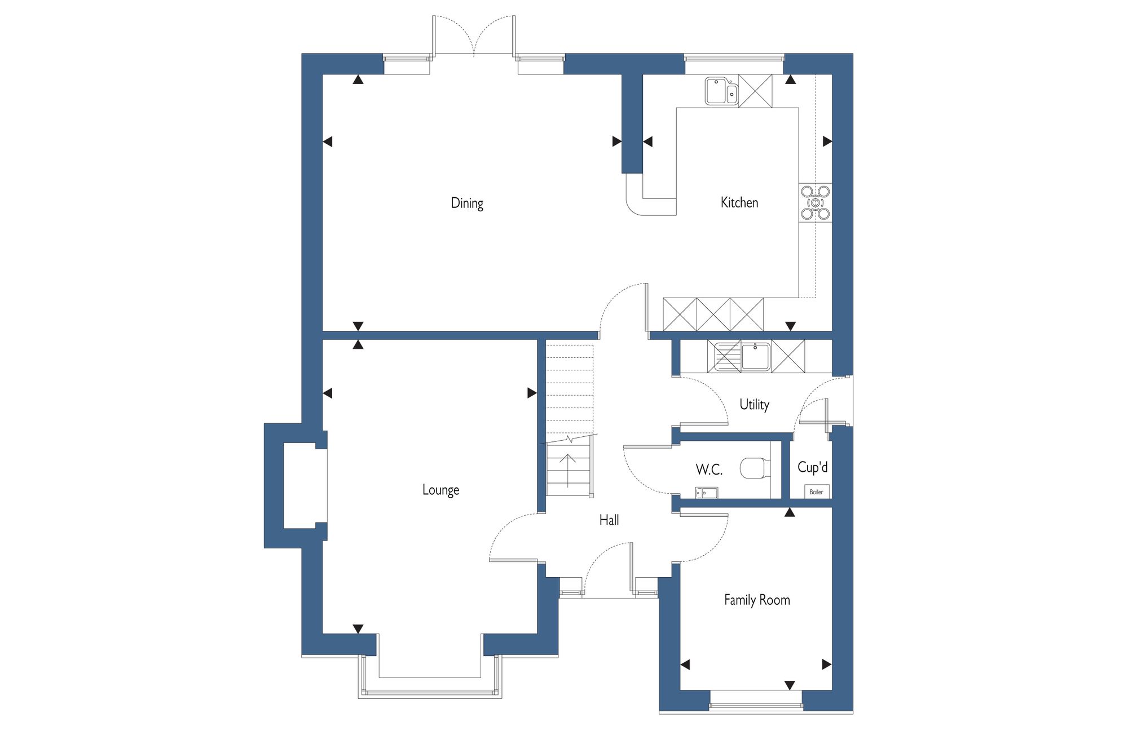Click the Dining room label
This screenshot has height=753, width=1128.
[467, 203]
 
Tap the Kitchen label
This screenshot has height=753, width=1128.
[739, 202]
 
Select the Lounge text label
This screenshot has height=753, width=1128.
[440, 490]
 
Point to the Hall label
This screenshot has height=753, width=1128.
[609, 520]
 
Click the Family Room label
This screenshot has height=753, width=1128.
[757, 600]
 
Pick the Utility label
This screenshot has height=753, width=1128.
[754, 404]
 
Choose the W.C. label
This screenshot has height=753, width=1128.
[709, 469]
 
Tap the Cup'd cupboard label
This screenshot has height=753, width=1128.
[813, 467]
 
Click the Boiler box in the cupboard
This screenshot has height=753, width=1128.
[817, 492]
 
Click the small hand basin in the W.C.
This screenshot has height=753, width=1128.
[707, 493]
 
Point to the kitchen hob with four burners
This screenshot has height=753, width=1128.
[815, 202]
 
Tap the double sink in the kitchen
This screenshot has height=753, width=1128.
[721, 91]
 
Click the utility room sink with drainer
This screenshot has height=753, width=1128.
[739, 357]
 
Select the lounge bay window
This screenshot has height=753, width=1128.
[430, 676]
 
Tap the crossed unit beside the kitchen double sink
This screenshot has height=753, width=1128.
[755, 91]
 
